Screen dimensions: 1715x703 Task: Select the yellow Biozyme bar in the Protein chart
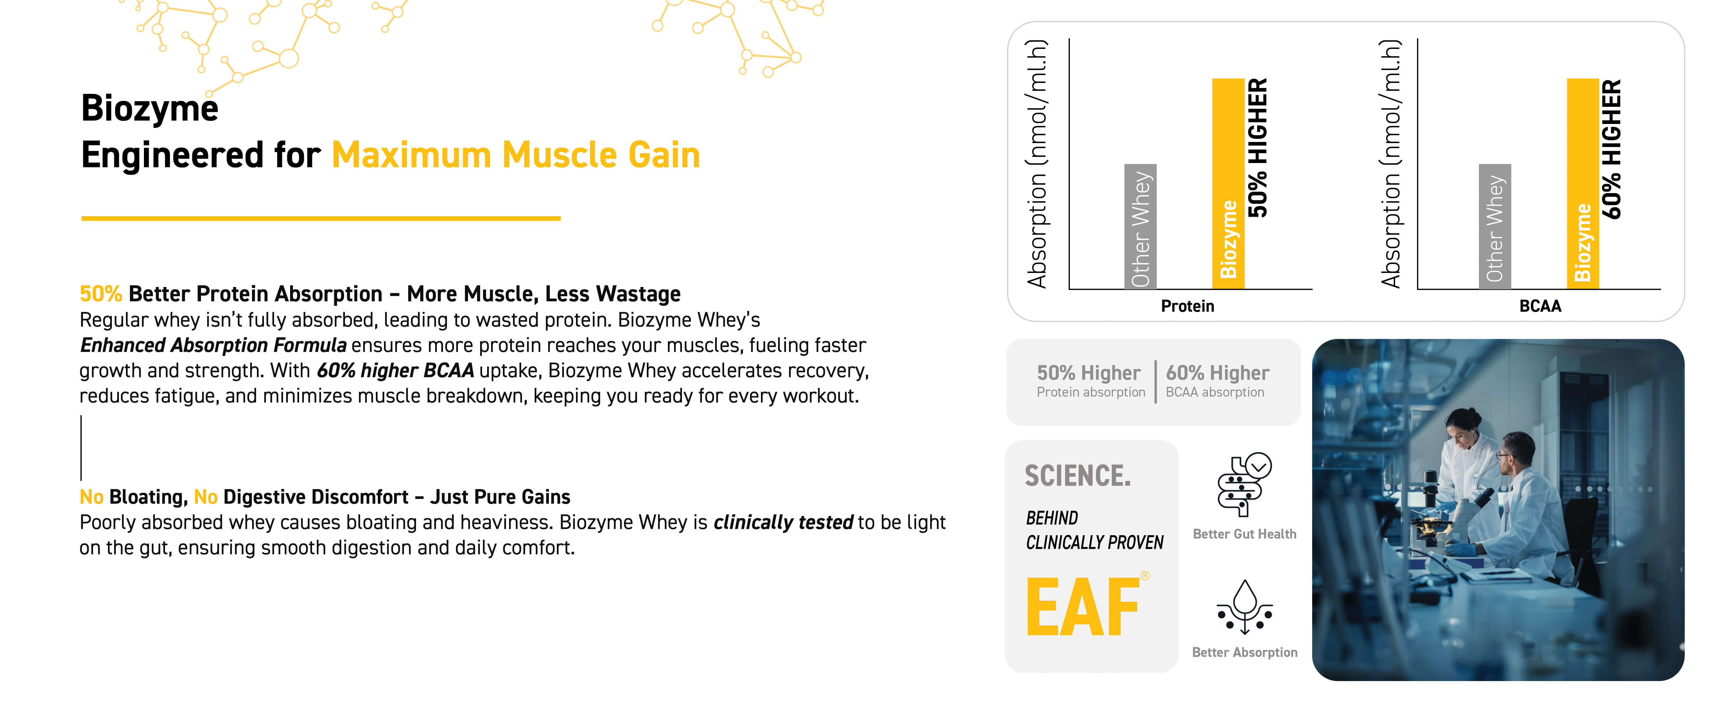(x=1228, y=184)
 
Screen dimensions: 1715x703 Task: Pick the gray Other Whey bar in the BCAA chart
(x=1495, y=226)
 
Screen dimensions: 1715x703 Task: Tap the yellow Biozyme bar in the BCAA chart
(x=1583, y=184)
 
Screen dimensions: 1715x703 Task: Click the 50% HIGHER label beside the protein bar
(x=1258, y=148)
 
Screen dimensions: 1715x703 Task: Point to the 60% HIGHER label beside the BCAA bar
(x=1612, y=149)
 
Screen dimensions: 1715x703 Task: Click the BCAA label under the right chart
(x=1540, y=306)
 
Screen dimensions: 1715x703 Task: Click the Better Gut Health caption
(x=1244, y=534)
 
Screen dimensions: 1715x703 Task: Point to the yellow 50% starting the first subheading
(x=101, y=293)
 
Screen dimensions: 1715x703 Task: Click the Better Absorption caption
(x=1244, y=652)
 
